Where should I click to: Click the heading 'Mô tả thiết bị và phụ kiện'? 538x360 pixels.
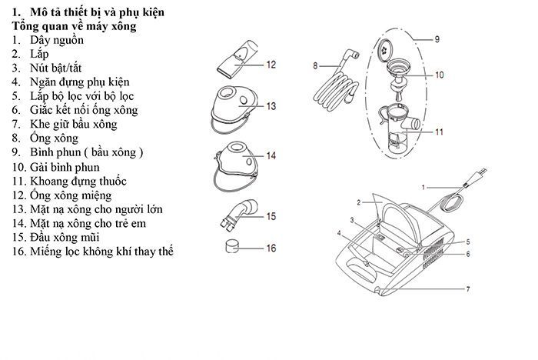pos(98,13)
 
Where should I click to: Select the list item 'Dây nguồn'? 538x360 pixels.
pos(57,40)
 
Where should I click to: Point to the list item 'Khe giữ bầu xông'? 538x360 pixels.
pos(74,124)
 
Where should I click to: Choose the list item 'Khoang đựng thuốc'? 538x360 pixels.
pos(78,181)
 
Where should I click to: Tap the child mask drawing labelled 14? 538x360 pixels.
pos(235,163)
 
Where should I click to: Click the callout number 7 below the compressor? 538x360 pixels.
pos(466,288)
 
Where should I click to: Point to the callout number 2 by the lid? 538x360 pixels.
pos(358,202)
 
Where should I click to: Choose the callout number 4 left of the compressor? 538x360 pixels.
pos(339,232)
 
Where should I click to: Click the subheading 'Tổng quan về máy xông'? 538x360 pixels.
pos(75,26)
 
